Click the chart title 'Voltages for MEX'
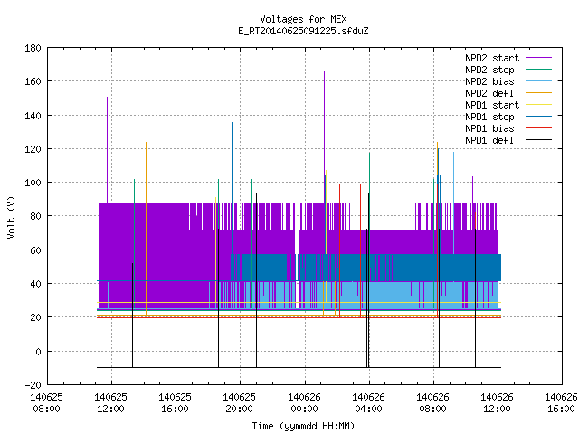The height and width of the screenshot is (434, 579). pos(303,19)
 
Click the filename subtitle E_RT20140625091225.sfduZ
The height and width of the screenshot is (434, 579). pos(303,31)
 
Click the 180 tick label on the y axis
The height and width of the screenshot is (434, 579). pos(33,48)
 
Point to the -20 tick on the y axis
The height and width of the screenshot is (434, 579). pos(33,385)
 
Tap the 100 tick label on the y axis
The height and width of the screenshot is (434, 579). pos(33,183)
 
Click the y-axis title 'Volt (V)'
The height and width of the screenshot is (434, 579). pos(12,217)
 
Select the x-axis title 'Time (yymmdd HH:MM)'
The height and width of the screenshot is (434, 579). pos(303,426)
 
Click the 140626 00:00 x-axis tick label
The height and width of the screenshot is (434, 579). pos(304,403)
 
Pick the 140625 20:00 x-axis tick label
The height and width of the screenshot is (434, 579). pos(240,403)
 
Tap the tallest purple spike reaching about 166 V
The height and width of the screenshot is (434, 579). pos(325,137)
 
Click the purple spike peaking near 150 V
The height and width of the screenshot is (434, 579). pos(108,150)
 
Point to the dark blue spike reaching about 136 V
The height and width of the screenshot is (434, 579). pos(233,188)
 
